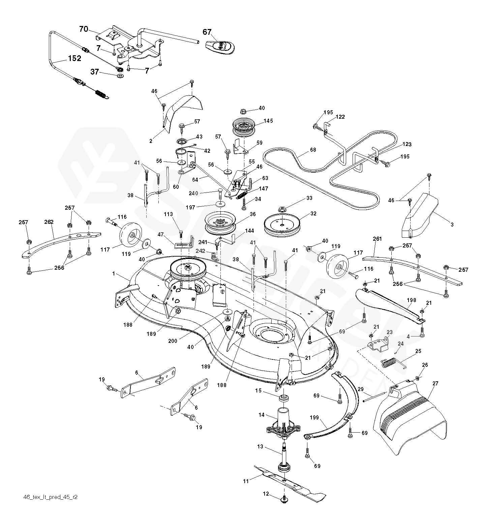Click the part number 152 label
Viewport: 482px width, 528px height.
pyautogui.click(x=74, y=58)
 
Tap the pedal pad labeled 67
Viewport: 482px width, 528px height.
pyautogui.click(x=219, y=46)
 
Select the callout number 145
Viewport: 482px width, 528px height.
pyautogui.click(x=268, y=121)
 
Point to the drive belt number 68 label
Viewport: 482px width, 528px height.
pyautogui.click(x=313, y=150)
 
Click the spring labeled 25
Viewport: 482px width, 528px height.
pyautogui.click(x=393, y=363)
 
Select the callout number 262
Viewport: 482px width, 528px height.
pyautogui.click(x=49, y=222)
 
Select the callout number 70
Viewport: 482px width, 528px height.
pyautogui.click(x=83, y=29)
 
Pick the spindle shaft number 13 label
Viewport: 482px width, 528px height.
pyautogui.click(x=260, y=447)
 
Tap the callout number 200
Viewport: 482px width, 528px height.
pyautogui.click(x=173, y=341)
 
